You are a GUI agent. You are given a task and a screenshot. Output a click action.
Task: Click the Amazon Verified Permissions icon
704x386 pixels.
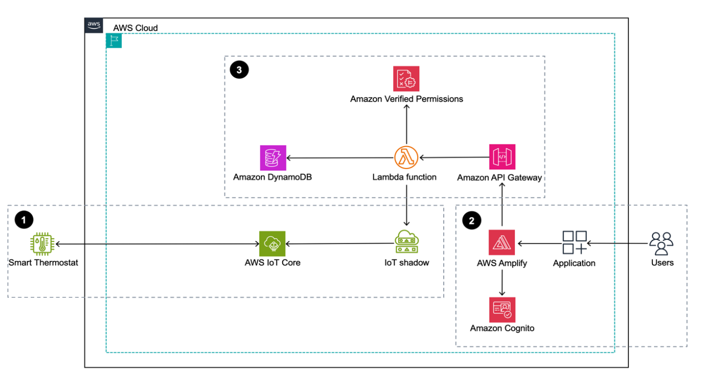(406, 79)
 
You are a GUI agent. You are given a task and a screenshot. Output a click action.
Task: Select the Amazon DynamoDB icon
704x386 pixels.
(273, 158)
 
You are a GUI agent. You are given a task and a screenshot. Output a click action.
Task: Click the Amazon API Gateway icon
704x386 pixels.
(502, 157)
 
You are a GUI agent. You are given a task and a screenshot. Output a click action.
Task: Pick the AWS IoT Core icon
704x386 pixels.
(272, 244)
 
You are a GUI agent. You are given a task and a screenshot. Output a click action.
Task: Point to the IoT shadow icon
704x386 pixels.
(406, 243)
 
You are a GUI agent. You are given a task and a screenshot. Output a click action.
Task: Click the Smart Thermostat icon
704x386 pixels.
(43, 244)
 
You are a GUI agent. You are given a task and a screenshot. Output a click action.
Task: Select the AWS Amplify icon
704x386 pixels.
(501, 243)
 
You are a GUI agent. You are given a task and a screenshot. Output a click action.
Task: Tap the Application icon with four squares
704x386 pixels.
(574, 243)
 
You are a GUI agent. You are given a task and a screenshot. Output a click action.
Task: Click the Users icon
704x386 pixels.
(661, 243)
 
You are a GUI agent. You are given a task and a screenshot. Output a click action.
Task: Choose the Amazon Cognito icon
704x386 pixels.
(502, 309)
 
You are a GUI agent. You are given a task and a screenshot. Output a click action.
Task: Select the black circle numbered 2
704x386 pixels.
(472, 220)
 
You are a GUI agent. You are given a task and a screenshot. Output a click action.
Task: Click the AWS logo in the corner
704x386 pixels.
(94, 26)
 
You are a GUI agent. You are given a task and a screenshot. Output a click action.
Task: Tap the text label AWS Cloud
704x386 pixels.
(135, 28)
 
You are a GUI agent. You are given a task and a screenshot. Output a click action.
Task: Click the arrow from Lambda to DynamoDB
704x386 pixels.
(338, 158)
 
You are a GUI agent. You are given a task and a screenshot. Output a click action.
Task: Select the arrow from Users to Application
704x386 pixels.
(618, 243)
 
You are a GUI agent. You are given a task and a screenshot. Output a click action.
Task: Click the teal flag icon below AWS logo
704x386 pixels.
(114, 41)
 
